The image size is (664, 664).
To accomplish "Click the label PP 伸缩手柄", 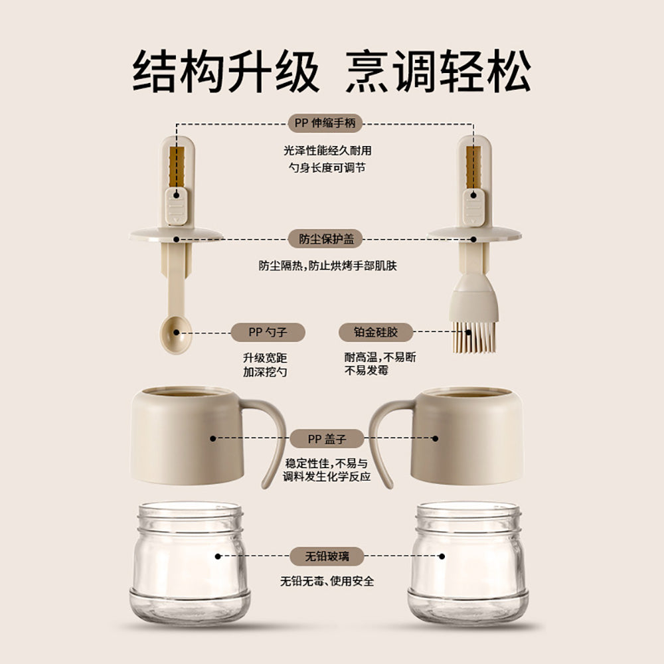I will tap(325, 124).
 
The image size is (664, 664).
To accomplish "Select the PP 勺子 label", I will tap(268, 332).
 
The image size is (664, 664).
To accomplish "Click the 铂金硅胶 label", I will tap(376, 332).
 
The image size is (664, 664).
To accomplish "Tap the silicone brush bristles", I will tap(473, 337).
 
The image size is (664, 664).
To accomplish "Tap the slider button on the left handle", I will tap(177, 206).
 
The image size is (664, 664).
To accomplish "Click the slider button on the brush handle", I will tap(474, 206).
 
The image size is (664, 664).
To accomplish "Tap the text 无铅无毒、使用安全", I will tap(327, 582).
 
